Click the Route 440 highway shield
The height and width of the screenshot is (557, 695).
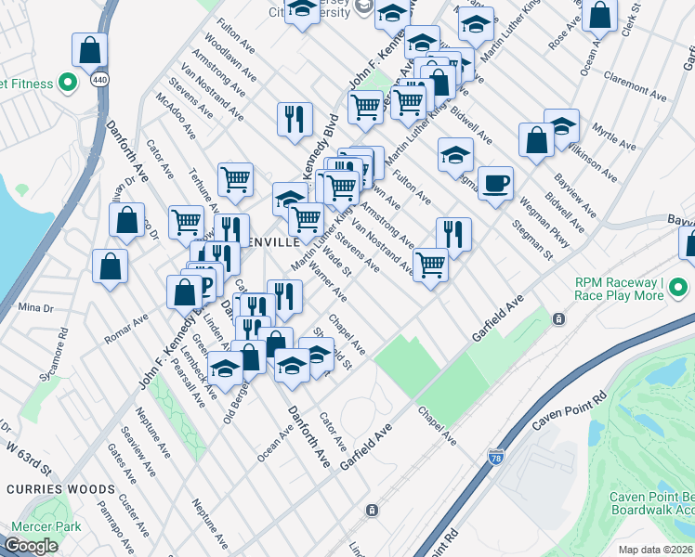(98, 80)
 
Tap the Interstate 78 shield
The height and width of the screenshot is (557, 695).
(496, 458)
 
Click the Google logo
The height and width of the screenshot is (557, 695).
(31, 546)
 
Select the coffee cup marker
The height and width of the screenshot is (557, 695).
(495, 183)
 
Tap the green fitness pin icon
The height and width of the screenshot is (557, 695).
(67, 84)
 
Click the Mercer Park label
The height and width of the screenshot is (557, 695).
(46, 527)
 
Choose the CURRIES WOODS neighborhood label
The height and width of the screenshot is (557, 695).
(62, 488)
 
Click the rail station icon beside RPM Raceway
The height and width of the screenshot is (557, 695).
(559, 318)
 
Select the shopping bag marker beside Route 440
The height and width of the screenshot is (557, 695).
(90, 50)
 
